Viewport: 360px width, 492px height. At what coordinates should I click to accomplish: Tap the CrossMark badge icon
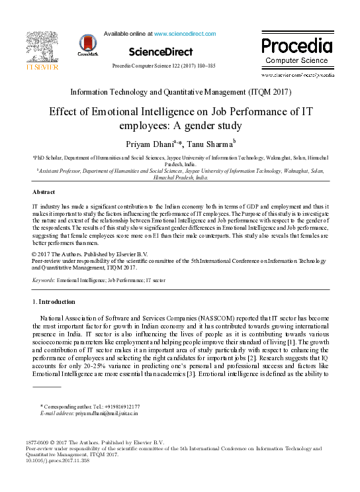pos(87,44)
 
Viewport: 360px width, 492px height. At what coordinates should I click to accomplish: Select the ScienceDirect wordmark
pos(161,52)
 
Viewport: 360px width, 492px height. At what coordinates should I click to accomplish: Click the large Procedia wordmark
pos(296,46)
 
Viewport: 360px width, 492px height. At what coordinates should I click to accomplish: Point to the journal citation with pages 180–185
pos(164,66)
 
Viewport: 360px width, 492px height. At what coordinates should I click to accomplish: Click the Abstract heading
pos(44,192)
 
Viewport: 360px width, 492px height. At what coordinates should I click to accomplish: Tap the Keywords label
pos(44,281)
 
